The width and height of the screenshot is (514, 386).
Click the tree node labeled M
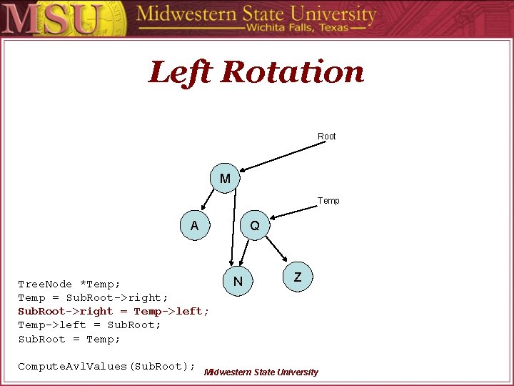coord(225,178)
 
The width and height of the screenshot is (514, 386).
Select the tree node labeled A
coord(194,226)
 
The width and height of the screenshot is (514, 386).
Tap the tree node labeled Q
coord(255,226)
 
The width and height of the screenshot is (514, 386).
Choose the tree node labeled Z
coord(298,277)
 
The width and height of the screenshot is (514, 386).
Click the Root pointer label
coord(326,136)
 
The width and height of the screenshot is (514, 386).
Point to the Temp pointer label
coord(328,201)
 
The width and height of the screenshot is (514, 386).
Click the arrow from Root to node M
coord(286,156)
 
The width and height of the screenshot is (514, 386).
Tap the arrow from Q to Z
coord(277,248)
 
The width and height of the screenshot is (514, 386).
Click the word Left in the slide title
coord(181,72)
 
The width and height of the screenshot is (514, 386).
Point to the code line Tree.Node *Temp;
coord(69,284)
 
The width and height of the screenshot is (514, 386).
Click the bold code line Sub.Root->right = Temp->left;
coord(114,311)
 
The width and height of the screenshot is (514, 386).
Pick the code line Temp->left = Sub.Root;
coord(89,325)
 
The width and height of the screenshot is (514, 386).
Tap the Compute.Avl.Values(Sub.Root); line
coord(106,366)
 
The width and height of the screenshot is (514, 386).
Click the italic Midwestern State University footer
coord(261,372)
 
